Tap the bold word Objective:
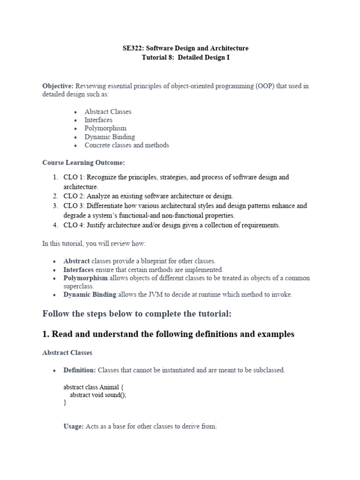point(58,86)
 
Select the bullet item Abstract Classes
point(108,112)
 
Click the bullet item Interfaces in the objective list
point(98,120)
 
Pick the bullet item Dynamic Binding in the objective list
point(110,137)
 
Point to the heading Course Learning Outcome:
point(84,162)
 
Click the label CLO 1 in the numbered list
point(73,177)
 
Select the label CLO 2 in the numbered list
point(73,196)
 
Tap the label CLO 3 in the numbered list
point(73,206)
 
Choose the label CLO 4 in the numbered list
point(73,225)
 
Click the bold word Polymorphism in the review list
point(85,278)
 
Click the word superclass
point(78,286)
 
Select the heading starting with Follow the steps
point(137,314)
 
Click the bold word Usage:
point(74,427)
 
